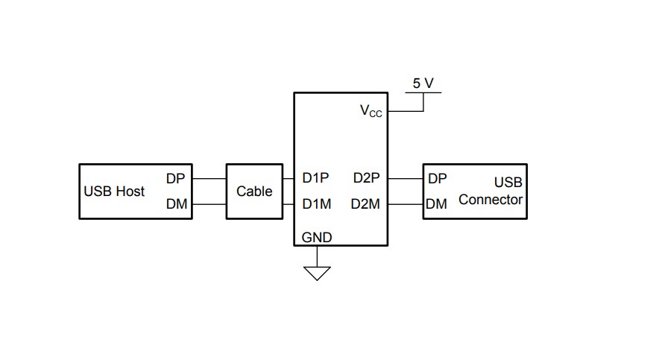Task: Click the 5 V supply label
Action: [423, 83]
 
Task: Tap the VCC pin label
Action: [371, 111]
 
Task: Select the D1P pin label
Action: [316, 179]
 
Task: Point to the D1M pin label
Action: [316, 203]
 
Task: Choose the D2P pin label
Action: [366, 179]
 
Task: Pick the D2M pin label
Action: [366, 203]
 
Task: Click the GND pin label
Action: [317, 238]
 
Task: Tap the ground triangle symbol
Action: [318, 273]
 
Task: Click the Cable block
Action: [254, 192]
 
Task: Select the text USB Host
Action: [114, 192]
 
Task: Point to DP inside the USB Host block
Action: [176, 179]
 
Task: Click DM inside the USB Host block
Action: [176, 203]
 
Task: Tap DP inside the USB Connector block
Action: [438, 179]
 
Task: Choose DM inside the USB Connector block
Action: [438, 203]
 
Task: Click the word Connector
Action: [491, 200]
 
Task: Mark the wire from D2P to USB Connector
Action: [406, 179]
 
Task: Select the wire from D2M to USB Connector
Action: [406, 203]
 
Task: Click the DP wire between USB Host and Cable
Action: [209, 179]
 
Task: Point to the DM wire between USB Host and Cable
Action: [209, 203]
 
